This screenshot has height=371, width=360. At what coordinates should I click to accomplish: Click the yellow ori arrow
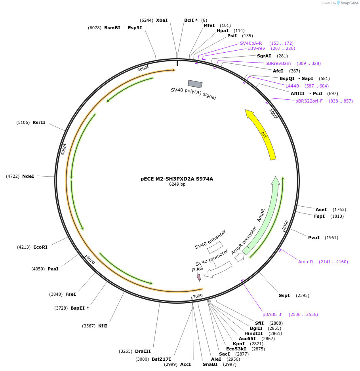coord(262,135)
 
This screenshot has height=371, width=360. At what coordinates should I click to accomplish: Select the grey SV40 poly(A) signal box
coord(195,84)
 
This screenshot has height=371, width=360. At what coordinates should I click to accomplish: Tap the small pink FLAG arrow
coord(199,277)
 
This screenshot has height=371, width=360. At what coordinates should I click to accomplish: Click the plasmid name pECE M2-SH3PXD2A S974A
coord(177,179)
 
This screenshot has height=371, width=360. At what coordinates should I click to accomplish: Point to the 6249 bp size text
coord(177,185)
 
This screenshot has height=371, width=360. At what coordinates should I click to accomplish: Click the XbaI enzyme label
coord(162,20)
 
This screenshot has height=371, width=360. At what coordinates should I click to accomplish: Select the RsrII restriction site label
coord(39,122)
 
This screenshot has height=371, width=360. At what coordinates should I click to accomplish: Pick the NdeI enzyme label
coord(28,176)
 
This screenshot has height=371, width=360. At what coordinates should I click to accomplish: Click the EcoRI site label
coord(40,247)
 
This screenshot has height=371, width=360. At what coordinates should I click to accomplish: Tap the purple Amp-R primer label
coord(306,262)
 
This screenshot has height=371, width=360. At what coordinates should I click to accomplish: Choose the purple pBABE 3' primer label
coord(272,314)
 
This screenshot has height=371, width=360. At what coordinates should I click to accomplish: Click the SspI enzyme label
coord(284,295)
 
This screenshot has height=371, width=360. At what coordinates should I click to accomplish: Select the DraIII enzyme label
coord(143,351)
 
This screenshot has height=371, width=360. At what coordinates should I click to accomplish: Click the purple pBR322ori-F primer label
coord(309,101)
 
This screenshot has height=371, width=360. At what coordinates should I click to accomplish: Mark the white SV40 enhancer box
coord(215,247)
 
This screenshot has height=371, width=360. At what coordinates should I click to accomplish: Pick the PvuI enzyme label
coord(314,238)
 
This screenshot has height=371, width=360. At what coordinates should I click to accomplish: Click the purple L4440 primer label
coord(292,86)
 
